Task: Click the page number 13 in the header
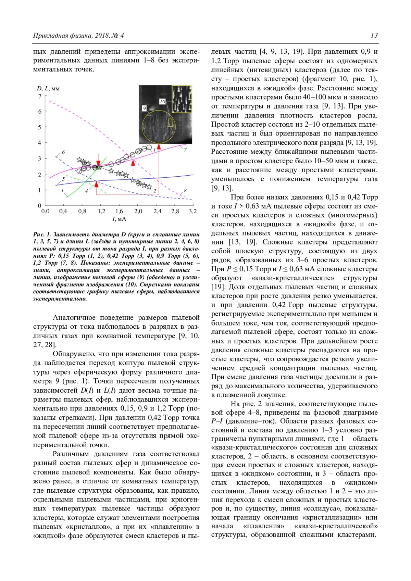click(374, 36)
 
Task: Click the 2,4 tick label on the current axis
click(157, 211)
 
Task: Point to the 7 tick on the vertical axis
click(40, 96)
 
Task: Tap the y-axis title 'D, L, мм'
click(48, 88)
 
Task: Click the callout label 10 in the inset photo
click(162, 101)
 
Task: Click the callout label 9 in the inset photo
click(145, 108)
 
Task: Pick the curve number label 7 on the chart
click(185, 150)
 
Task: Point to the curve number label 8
click(185, 190)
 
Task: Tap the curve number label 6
click(63, 152)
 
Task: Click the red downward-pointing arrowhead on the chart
click(98, 163)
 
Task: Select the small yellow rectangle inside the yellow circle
click(171, 123)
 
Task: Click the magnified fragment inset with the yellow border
click(182, 99)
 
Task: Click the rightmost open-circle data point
click(149, 148)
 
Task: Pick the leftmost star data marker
click(79, 160)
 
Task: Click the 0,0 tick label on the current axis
click(45, 211)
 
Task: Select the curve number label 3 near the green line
click(62, 190)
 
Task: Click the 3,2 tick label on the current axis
click(192, 211)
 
